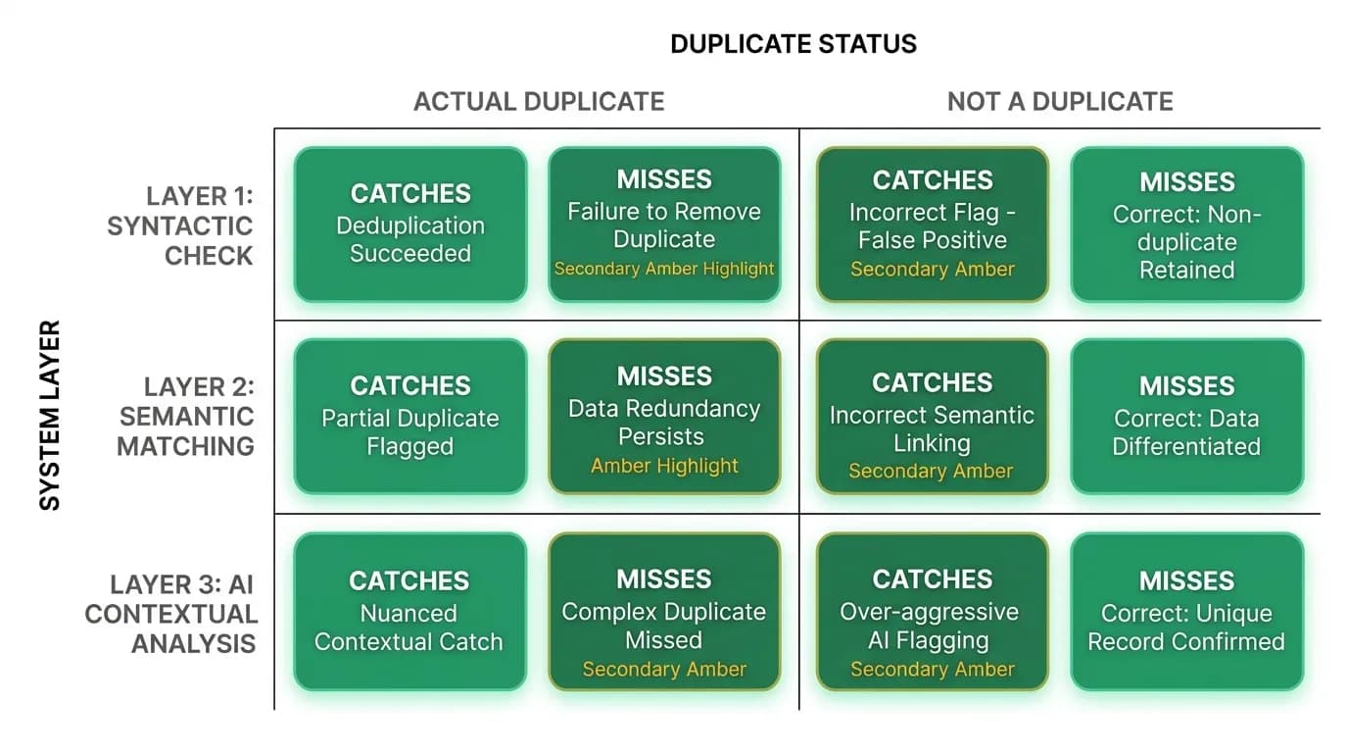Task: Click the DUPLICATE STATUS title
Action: tap(794, 44)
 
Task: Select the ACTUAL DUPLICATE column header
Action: tap(539, 101)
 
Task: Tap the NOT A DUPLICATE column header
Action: tap(1060, 101)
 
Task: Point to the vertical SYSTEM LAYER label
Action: tap(49, 416)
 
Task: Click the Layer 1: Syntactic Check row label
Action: tap(180, 226)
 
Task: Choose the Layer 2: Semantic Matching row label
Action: tap(186, 417)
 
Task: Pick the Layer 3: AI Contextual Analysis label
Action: tap(170, 614)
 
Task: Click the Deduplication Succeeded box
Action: tap(410, 225)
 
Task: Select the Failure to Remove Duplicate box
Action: tap(664, 225)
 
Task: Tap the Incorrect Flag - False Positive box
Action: tap(933, 225)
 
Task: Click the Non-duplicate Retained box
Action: tap(1186, 225)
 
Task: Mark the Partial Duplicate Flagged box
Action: tap(410, 417)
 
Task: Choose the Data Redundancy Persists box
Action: tap(664, 417)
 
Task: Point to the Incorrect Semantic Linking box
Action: tap(933, 417)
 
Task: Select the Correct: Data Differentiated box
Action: tap(1186, 417)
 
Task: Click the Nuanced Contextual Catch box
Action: tap(410, 612)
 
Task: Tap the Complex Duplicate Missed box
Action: tap(664, 612)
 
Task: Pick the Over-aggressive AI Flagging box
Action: tap(933, 612)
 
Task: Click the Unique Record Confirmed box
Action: tap(1186, 612)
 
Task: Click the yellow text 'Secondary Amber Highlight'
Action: tap(664, 269)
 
